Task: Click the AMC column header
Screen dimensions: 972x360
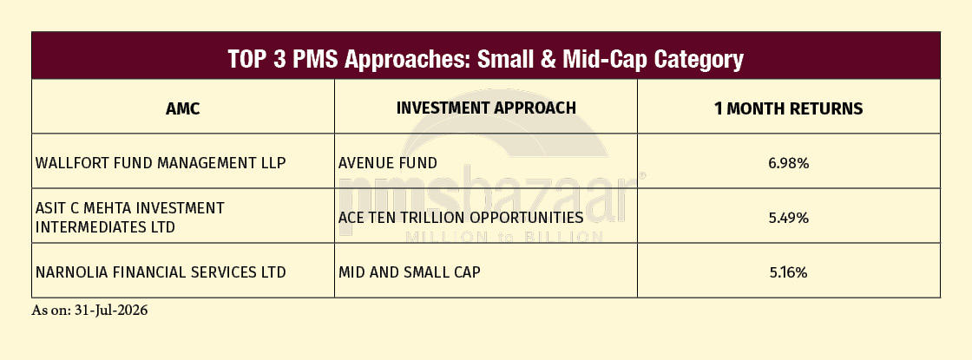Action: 183,109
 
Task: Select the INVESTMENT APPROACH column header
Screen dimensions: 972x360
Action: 486,108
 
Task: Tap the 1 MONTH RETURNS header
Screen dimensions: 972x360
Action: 789,109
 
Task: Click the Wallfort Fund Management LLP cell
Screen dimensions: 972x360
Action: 161,163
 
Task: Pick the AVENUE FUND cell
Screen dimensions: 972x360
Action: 387,163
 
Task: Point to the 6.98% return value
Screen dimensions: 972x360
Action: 789,164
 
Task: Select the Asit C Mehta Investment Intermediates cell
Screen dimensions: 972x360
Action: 129,218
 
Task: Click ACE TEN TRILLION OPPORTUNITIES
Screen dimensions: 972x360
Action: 461,218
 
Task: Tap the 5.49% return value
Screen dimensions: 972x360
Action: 789,218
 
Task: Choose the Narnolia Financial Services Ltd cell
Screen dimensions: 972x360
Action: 161,272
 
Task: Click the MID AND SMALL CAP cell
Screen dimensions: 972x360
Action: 409,272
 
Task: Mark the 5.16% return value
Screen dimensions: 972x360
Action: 789,272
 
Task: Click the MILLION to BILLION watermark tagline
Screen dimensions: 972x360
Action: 504,237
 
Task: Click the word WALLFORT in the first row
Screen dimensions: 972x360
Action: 68,163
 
